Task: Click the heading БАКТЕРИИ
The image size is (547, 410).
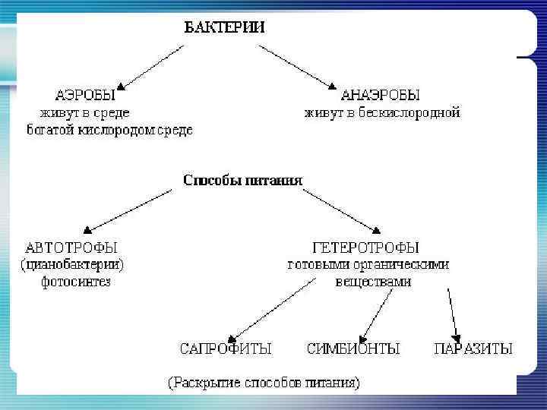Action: [225, 27]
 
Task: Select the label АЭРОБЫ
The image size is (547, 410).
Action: [85, 96]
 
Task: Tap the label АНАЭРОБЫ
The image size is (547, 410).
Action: [381, 96]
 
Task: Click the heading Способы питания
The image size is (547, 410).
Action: [243, 181]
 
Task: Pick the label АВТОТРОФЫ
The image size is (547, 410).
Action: [71, 248]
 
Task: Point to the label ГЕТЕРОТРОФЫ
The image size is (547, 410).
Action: [365, 248]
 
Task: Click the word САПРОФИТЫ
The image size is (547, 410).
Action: [226, 349]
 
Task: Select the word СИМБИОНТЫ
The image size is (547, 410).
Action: [353, 349]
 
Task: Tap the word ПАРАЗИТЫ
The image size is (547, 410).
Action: [473, 349]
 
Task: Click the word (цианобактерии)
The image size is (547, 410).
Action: [71, 265]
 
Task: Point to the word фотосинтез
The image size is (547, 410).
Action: [75, 282]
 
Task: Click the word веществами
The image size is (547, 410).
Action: [373, 282]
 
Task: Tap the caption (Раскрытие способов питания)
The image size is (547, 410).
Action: [264, 382]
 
